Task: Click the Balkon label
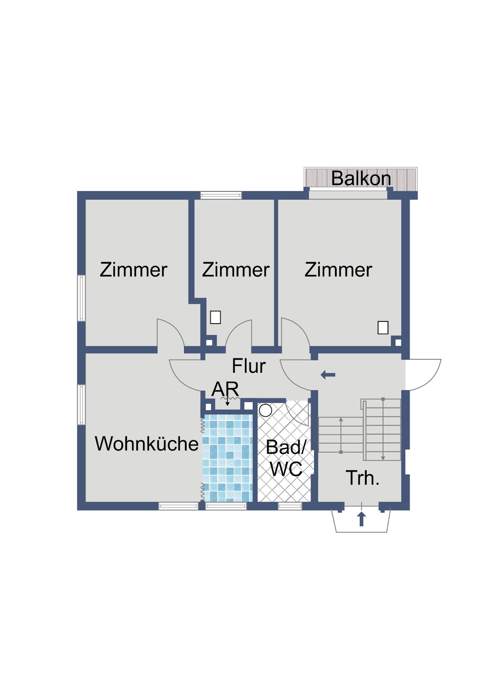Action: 361,178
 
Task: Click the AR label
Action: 225,389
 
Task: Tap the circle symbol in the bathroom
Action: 265,410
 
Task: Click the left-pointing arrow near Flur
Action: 328,375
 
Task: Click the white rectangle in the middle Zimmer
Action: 215,317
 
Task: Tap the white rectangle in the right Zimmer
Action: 383,328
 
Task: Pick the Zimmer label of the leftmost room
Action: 134,270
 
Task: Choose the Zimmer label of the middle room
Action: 236,270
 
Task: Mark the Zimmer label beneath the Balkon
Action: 338,270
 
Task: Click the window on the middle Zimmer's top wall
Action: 221,195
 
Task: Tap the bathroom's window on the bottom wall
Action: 290,506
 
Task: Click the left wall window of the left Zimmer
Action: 81,298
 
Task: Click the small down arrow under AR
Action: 228,402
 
